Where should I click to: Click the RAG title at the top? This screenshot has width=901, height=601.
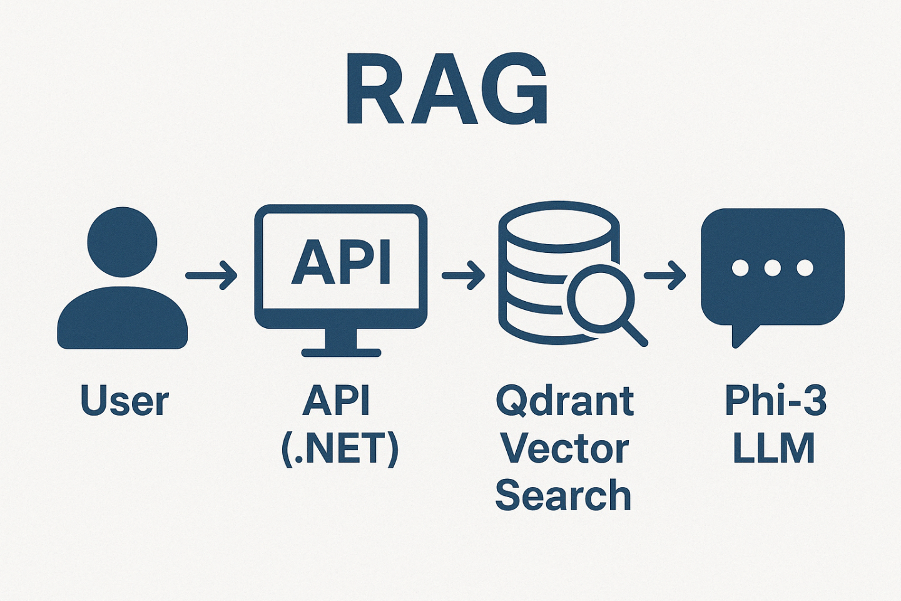[447, 90]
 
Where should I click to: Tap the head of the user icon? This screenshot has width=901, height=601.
[122, 242]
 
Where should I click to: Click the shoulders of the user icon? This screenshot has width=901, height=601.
[122, 319]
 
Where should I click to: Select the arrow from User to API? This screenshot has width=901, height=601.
[211, 275]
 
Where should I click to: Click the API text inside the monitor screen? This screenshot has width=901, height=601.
[341, 262]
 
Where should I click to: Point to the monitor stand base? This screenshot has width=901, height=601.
[341, 352]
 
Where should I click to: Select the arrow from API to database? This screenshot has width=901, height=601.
[464, 275]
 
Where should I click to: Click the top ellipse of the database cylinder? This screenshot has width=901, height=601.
[558, 227]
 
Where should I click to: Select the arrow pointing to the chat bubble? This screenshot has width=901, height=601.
[665, 275]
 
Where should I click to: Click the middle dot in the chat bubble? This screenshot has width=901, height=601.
[772, 268]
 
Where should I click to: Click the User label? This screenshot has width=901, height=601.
[125, 401]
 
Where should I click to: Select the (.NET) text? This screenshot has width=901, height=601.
[340, 449]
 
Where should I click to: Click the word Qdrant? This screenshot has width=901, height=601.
[564, 401]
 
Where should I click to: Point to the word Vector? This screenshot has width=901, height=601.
[564, 449]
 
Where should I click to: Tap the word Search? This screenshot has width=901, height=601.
[563, 495]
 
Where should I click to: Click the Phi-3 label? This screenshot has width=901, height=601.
[775, 401]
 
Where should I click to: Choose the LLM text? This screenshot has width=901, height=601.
[773, 449]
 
